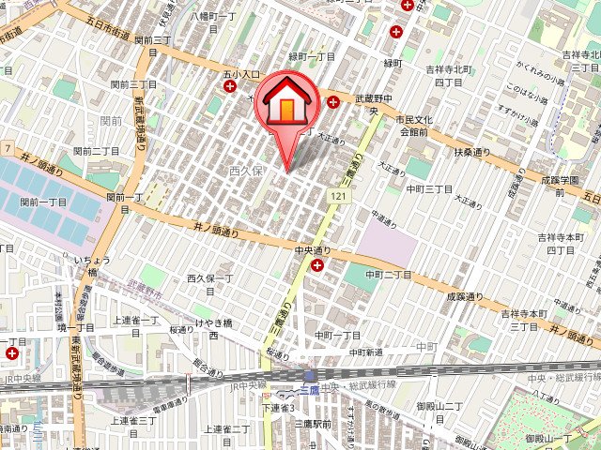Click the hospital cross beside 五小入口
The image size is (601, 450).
[230, 87]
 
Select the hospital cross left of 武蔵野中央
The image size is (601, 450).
[333, 100]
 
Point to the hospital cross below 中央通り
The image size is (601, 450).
[317, 266]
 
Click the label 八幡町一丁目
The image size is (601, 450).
[217, 16]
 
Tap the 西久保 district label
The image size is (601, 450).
[247, 172]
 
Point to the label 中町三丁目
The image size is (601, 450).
[429, 188]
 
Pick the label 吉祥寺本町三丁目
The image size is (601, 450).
[522, 319]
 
